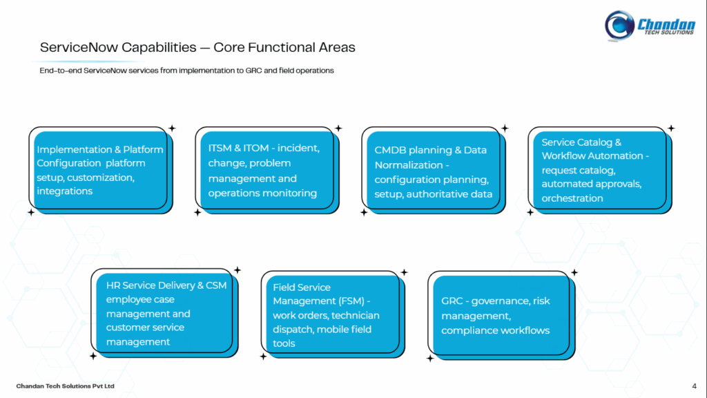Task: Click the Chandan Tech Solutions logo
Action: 648,24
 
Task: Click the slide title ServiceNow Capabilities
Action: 197,48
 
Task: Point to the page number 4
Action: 693,386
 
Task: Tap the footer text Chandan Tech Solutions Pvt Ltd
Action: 65,386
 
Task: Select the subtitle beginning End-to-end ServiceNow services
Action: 186,70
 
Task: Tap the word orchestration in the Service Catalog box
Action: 572,198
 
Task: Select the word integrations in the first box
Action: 64,191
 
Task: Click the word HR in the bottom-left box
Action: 113,285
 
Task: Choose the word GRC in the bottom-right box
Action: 452,301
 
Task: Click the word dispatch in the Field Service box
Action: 291,330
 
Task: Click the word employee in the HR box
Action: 130,300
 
